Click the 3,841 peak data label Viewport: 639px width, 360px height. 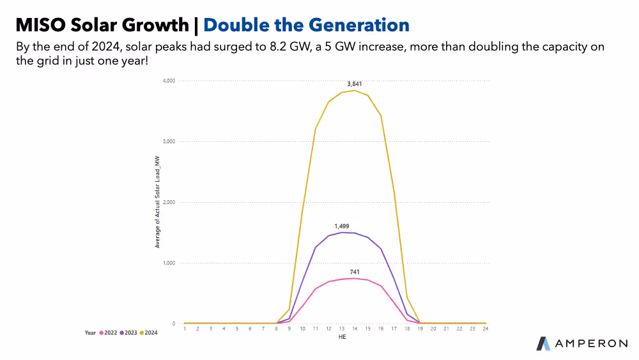(x=354, y=84)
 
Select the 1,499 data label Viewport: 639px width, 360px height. (x=341, y=226)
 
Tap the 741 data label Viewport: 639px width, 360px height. (x=355, y=272)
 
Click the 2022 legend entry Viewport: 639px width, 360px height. (x=108, y=333)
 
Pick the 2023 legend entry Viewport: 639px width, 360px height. (x=128, y=333)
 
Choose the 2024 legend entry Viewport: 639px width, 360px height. (x=149, y=333)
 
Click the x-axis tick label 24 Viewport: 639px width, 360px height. (x=486, y=329)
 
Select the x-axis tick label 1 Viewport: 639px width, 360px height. (x=185, y=329)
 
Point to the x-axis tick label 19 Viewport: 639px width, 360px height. (x=420, y=329)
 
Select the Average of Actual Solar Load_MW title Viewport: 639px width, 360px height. (x=157, y=202)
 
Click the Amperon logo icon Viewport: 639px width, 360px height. (x=544, y=343)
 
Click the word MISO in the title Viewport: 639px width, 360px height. (x=40, y=25)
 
